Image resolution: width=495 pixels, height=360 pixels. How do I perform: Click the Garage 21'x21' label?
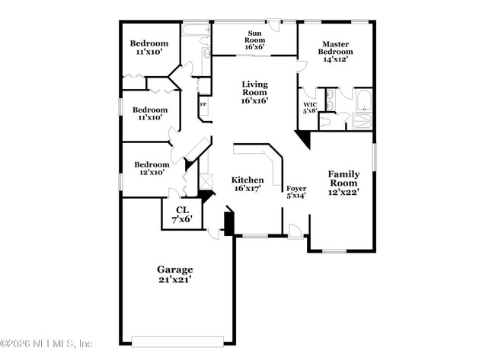tap(175, 275)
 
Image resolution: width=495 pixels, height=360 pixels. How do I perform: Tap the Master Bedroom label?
tap(336, 53)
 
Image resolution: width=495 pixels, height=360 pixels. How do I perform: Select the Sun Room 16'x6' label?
tap(254, 40)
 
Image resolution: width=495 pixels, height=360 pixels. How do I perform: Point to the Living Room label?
tap(254, 92)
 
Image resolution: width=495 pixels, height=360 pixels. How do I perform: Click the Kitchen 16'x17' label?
tap(247, 184)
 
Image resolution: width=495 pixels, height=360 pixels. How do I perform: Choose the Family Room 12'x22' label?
tap(343, 183)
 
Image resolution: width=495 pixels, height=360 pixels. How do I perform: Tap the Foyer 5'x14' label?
tap(295, 193)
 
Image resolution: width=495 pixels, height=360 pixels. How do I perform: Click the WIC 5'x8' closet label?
tap(310, 107)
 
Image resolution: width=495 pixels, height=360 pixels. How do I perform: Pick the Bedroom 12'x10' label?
tap(152, 168)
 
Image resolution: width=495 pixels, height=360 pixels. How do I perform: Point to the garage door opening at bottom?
tap(177, 340)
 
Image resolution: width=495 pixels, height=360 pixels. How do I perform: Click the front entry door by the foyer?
tap(295, 231)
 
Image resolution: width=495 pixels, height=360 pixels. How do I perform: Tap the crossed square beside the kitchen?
tap(204, 183)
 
